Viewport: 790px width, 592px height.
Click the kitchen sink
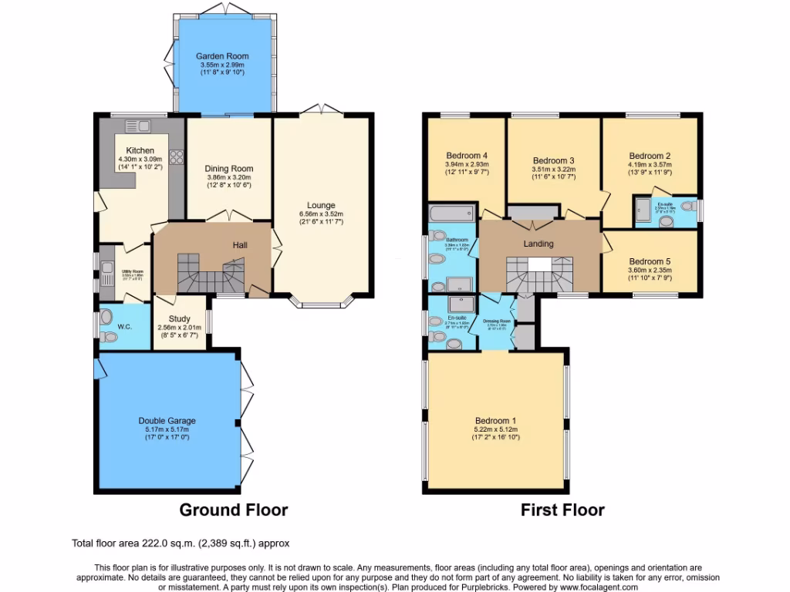(137, 126)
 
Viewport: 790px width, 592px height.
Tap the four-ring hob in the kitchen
(175, 156)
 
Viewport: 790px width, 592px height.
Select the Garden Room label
(222, 56)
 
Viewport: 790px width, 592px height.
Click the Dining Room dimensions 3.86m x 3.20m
(228, 177)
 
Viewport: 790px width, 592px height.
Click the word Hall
(240, 245)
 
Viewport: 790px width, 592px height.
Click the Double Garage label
(167, 421)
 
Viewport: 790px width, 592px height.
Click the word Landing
(538, 244)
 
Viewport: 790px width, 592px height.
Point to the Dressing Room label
(496, 321)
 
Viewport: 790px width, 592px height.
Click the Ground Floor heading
(233, 510)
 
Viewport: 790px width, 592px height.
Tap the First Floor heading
(562, 510)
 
